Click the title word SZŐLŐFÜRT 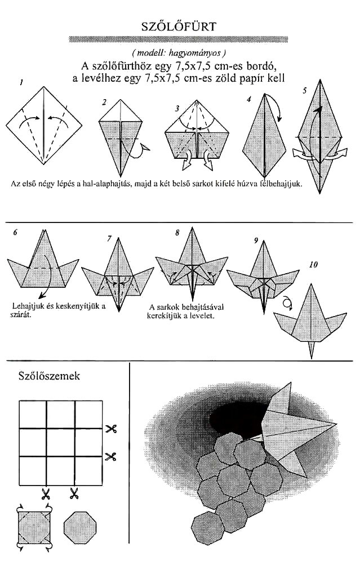(178, 26)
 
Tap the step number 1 (22, 83)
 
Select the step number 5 (305, 91)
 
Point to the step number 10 (313, 265)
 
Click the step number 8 (177, 233)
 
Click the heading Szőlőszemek (49, 376)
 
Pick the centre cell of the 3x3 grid (61, 442)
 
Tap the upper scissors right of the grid (110, 429)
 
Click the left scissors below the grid (46, 493)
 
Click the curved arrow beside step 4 (277, 106)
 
